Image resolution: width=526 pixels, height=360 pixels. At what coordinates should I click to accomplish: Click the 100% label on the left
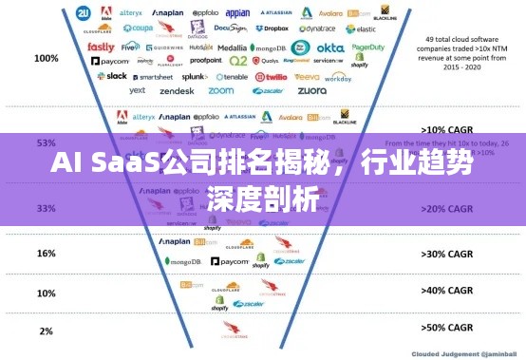point(46,58)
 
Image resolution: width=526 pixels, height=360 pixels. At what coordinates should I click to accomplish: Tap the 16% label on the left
point(46,254)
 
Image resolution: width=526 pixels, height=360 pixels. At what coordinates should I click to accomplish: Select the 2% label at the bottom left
point(46,331)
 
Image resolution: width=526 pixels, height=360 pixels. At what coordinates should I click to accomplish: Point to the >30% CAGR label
point(446,254)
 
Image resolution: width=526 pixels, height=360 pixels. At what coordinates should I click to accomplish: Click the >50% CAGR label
point(446,328)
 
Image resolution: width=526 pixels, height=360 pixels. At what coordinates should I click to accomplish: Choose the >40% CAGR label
point(446,291)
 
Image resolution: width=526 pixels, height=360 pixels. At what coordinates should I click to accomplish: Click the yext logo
point(138,91)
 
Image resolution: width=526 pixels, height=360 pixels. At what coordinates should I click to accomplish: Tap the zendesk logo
point(177,91)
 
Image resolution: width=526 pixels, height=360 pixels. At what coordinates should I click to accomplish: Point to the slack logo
point(115,76)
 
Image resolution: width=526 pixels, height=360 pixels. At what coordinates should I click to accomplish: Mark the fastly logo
point(101,46)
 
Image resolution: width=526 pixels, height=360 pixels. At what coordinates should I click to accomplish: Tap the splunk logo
point(195,76)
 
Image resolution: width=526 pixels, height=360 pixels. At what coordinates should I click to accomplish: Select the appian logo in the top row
point(238,14)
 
